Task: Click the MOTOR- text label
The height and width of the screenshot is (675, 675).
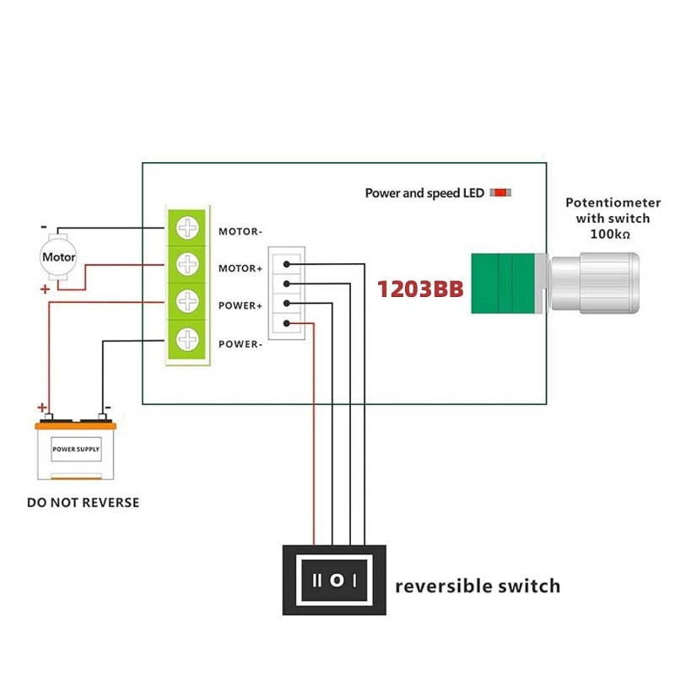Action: (240, 231)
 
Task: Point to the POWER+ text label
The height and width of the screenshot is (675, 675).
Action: (240, 305)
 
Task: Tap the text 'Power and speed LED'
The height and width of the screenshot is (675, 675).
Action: (424, 193)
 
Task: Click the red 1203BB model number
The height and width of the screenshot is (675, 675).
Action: (420, 289)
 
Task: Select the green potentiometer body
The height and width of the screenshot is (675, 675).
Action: (503, 284)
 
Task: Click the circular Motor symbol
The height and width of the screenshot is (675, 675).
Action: (58, 257)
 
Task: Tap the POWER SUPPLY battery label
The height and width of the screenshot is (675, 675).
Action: (76, 449)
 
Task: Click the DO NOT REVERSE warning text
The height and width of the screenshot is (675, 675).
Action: (83, 503)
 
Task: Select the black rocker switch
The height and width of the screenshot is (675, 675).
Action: (334, 580)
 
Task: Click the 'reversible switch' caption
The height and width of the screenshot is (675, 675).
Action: (478, 586)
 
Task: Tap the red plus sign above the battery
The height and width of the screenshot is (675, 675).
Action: (40, 406)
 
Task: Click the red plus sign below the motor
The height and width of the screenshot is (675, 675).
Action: (45, 289)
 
